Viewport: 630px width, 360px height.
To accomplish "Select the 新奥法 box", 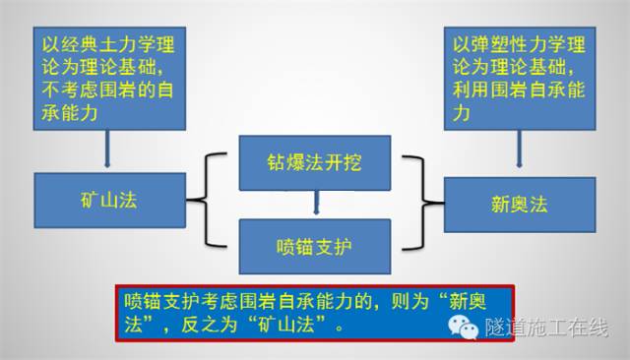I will (x=519, y=204).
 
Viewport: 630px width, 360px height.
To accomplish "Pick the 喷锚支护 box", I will (x=315, y=238).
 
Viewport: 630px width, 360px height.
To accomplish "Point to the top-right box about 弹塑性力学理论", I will (x=519, y=78).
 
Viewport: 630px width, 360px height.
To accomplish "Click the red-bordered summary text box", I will (x=315, y=313).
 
